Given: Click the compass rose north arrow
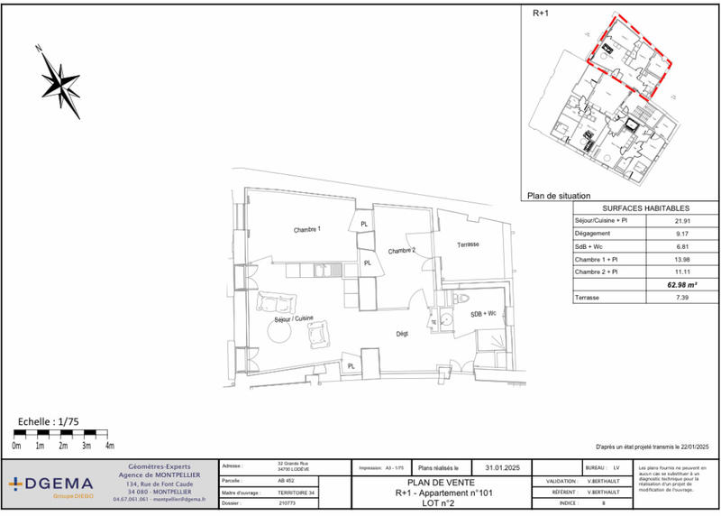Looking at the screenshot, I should (59, 81).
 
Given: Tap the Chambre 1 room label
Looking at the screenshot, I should (306, 230).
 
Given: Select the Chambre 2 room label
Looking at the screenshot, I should (401, 250).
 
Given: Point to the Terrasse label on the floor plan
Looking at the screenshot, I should (467, 245).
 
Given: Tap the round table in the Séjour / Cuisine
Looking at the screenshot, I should (278, 334).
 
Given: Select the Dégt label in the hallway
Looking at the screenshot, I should (403, 333).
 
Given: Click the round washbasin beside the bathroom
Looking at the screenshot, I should (433, 321).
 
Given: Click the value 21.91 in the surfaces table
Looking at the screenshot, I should (682, 221).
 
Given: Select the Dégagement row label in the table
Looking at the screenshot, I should (595, 234).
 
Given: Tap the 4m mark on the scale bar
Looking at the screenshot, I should (109, 447).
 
